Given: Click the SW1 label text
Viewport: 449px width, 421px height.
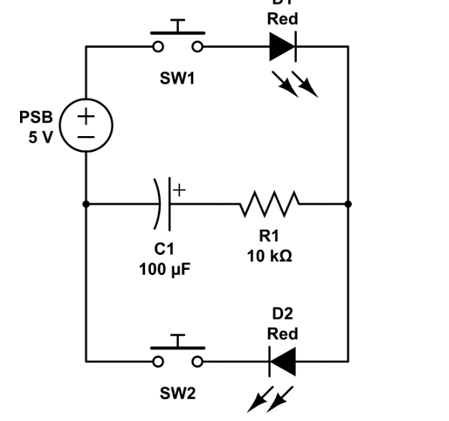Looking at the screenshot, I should [177, 78].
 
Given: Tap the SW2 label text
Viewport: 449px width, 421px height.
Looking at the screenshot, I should [177, 393].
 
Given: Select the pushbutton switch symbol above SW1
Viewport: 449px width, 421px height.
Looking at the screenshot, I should [177, 40].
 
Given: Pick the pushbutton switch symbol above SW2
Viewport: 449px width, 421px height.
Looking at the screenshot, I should [177, 353].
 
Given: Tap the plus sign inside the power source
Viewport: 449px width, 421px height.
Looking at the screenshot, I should [86, 115].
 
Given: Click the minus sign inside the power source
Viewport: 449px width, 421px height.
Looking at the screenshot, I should [86, 136].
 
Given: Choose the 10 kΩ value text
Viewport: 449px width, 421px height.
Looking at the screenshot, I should [270, 256].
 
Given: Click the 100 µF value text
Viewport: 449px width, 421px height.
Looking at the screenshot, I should [165, 269].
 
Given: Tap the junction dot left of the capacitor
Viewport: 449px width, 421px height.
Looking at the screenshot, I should [86, 204].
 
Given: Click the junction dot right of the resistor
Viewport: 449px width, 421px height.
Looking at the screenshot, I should [348, 204].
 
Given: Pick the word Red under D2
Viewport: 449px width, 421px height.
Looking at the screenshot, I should [282, 334].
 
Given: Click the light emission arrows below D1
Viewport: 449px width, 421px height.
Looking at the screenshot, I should [295, 84].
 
